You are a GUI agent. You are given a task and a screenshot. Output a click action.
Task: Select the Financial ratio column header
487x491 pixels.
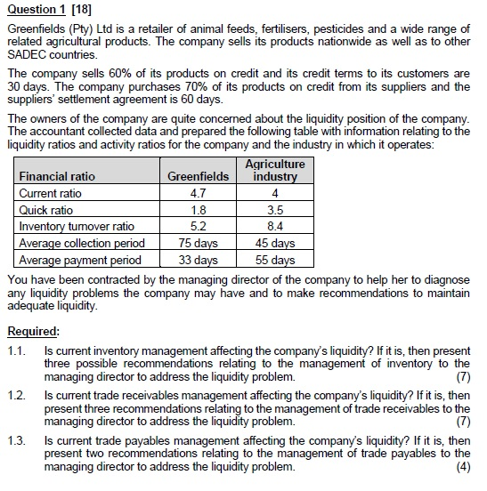[x=57, y=176]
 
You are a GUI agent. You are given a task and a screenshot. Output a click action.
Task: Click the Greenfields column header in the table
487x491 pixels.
[x=198, y=176]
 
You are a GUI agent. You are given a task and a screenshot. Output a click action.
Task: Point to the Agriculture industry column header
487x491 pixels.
[x=275, y=170]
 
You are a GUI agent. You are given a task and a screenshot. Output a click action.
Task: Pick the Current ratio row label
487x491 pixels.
[x=50, y=193]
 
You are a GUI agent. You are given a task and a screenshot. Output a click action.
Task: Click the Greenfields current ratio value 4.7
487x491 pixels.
[x=198, y=193]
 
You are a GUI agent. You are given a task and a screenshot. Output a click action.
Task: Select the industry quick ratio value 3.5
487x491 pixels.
[x=275, y=210]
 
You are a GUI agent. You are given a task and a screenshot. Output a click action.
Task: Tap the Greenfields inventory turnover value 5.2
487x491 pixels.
[x=198, y=227]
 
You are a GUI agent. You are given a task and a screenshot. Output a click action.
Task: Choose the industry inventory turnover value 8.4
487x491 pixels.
[x=275, y=227]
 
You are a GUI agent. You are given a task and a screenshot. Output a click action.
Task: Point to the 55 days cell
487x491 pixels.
[x=275, y=261]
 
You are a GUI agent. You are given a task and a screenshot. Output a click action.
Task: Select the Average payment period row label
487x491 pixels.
[x=80, y=261]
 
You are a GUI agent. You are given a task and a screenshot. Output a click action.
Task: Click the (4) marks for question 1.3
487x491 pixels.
[x=462, y=467]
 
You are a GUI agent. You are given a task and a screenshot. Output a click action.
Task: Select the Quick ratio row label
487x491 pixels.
[x=46, y=210]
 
